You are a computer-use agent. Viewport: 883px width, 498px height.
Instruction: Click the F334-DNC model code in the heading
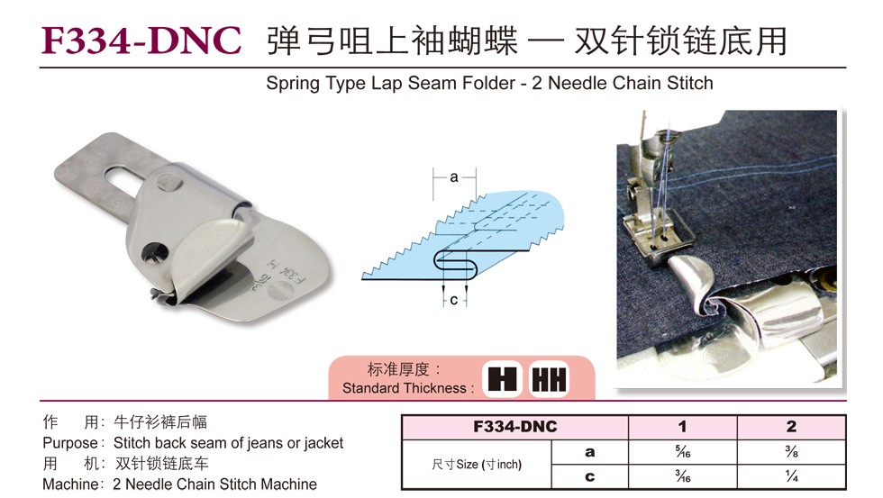pos(141,41)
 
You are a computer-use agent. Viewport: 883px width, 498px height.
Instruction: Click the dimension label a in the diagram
pos(454,177)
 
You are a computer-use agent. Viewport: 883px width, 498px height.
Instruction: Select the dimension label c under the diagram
pos(454,300)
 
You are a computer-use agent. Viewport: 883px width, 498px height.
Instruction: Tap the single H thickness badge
pos(503,379)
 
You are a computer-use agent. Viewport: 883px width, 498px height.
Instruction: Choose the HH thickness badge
pos(549,379)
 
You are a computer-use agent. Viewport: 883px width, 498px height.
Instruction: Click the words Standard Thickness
pos(405,388)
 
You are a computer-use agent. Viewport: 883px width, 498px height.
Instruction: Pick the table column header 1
pos(683,427)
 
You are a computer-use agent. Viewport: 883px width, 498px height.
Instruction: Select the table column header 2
pos(791,427)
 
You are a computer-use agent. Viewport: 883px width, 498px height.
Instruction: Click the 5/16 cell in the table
pos(683,451)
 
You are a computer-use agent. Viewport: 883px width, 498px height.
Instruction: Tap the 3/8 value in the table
pos(791,451)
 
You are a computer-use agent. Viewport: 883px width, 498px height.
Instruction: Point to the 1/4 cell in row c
pos(791,476)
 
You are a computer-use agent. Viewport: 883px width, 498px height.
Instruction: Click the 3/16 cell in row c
pos(683,476)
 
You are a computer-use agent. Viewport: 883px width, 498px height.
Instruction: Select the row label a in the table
pos(589,452)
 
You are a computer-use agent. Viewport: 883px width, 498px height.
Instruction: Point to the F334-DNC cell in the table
pos(514,427)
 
